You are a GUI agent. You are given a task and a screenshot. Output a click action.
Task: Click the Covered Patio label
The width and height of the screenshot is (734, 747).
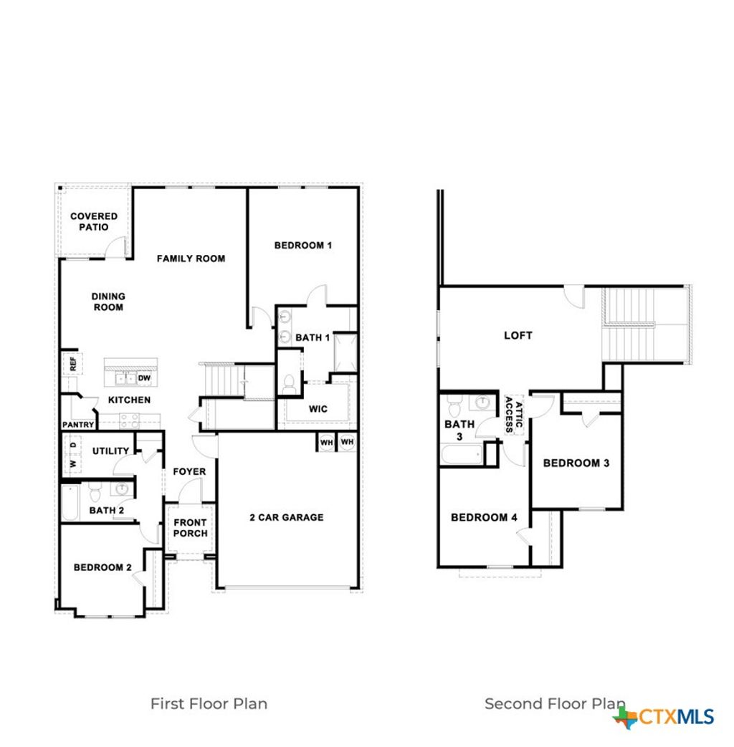94,221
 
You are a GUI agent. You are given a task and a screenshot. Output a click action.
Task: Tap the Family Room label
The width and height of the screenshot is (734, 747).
191,259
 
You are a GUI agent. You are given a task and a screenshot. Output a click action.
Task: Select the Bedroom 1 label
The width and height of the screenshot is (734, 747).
303,246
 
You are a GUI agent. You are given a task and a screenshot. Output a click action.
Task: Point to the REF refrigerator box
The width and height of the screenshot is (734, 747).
72,363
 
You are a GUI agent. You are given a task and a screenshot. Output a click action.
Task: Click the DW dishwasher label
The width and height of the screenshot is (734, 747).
144,378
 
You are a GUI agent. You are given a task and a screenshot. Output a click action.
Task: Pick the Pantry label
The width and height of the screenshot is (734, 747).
78,425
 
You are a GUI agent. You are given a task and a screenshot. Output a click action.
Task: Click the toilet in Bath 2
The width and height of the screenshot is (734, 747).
97,492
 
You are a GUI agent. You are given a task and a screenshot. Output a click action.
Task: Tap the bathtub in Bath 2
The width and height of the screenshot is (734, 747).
70,503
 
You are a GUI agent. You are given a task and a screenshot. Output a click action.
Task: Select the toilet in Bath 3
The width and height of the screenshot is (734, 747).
454,408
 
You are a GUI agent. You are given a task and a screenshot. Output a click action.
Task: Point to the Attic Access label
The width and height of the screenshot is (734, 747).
514,415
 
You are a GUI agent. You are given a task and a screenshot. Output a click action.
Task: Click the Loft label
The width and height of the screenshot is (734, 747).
518,335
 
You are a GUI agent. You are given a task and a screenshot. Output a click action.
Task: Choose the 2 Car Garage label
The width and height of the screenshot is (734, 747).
287,517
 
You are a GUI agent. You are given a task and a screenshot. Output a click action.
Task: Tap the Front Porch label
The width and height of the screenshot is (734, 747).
191,528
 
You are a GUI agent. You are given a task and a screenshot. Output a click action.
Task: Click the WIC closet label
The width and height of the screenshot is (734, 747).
318,409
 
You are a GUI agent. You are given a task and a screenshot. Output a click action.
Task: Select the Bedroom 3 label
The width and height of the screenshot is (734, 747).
576,463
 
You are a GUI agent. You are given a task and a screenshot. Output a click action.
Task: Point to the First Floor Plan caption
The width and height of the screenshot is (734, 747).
209,703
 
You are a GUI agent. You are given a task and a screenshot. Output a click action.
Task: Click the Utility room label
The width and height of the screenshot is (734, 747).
111,451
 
